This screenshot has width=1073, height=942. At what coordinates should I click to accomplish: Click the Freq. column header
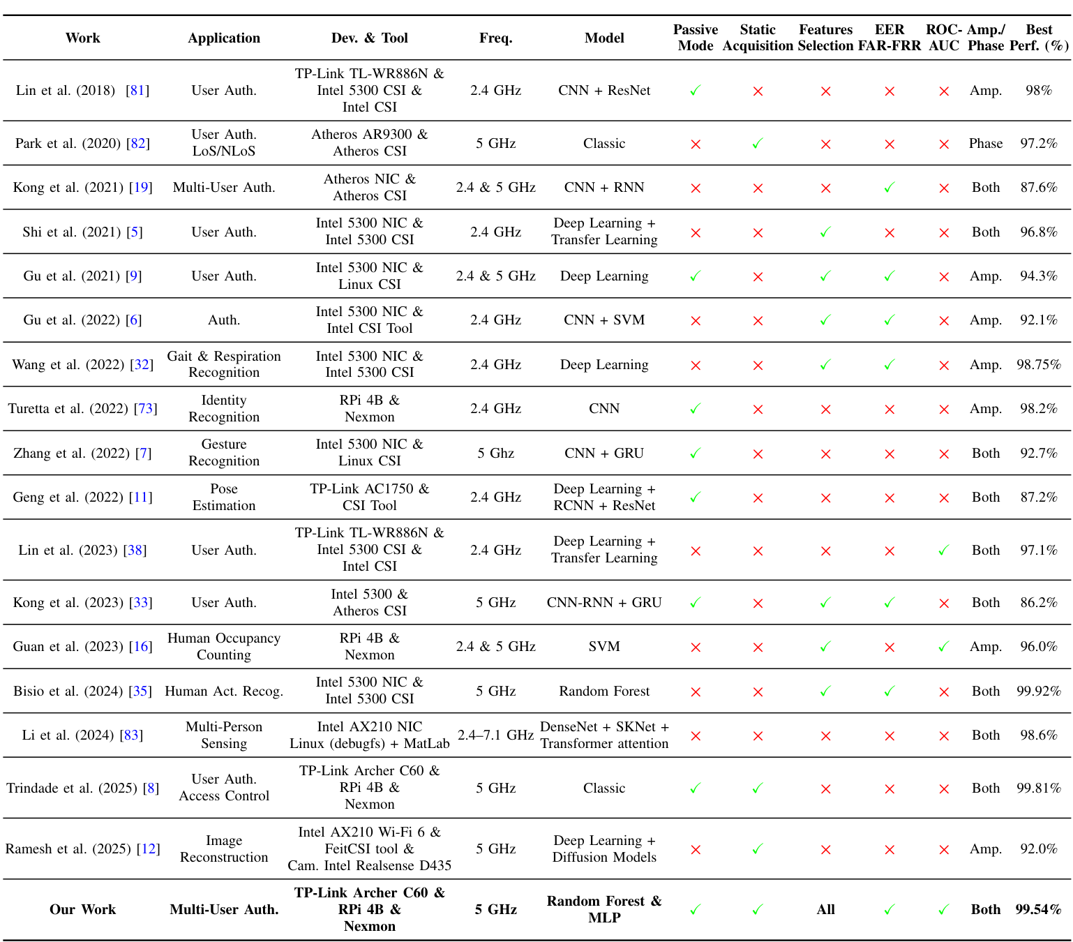(x=495, y=38)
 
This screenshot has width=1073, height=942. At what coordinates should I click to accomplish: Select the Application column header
(x=224, y=38)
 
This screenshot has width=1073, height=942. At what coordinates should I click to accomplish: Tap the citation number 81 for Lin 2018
(x=137, y=90)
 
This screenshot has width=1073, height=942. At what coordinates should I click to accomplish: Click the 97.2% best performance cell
(x=1038, y=143)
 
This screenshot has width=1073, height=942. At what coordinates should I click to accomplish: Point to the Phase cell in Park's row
(x=985, y=143)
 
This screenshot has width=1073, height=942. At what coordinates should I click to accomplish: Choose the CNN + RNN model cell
(x=604, y=187)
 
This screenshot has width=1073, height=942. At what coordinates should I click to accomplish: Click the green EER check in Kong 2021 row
(x=889, y=187)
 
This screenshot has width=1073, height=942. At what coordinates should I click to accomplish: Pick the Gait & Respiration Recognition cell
(x=224, y=364)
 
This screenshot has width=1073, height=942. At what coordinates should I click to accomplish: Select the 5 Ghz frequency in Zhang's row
(x=495, y=453)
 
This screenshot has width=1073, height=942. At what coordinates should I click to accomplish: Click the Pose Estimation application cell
(x=224, y=497)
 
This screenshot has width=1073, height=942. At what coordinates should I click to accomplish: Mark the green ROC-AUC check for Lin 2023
(x=943, y=550)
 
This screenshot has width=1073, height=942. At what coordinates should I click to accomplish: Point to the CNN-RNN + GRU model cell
(x=604, y=602)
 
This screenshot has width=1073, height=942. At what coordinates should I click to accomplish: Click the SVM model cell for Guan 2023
(x=604, y=646)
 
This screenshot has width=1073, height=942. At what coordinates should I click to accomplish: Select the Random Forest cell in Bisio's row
(x=604, y=691)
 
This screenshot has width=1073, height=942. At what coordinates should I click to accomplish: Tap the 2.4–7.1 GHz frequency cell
(x=495, y=735)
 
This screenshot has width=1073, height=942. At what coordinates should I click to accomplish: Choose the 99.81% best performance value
(x=1038, y=788)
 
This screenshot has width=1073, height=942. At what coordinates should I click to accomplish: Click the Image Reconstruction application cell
(x=224, y=848)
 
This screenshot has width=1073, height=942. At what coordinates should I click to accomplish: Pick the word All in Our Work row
(x=825, y=909)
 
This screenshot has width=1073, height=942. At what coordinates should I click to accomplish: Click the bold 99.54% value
(x=1038, y=909)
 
